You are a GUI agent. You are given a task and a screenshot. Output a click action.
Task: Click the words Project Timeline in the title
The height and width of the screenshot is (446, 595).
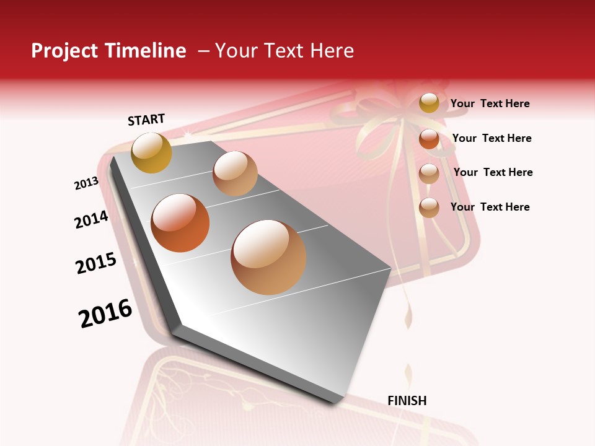tap(108, 51)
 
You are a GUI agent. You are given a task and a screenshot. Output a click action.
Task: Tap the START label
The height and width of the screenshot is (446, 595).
tap(146, 120)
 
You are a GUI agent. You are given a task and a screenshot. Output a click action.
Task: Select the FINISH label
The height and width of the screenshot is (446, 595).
tap(407, 401)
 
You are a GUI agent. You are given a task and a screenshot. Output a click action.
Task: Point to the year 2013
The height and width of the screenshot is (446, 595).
tap(87, 183)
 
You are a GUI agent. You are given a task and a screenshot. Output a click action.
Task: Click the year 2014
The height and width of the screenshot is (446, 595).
tap(91, 219)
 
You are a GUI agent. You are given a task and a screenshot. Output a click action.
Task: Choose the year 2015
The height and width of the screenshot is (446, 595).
tap(96, 263)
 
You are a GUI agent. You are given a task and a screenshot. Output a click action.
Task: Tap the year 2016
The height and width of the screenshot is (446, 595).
tap(105, 313)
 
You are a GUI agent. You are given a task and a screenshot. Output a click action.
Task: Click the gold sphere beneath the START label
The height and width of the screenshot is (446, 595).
tap(151, 152)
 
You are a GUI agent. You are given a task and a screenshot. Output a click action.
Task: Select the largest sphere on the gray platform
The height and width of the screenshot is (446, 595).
tap(268, 257)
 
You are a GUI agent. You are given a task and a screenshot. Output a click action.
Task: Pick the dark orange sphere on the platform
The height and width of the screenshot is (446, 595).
tap(180, 223)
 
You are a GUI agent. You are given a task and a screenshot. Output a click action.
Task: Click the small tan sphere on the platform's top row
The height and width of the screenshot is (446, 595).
tap(235, 173)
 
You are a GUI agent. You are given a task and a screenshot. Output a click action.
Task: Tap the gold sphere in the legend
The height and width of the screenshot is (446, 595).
tap(429, 103)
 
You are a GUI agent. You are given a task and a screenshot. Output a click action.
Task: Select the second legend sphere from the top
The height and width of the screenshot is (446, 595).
tap(429, 139)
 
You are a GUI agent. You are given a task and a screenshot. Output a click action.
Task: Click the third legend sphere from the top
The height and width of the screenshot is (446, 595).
tap(429, 173)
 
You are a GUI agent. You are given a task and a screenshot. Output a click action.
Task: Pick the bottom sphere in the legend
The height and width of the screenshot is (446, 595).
tap(429, 208)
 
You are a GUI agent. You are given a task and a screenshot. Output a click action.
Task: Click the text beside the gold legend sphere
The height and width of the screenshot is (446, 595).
tap(490, 104)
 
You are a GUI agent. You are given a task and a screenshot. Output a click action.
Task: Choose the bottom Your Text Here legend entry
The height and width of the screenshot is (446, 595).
tap(490, 207)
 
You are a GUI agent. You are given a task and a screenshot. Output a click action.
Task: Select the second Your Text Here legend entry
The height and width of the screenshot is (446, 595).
tap(491, 138)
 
